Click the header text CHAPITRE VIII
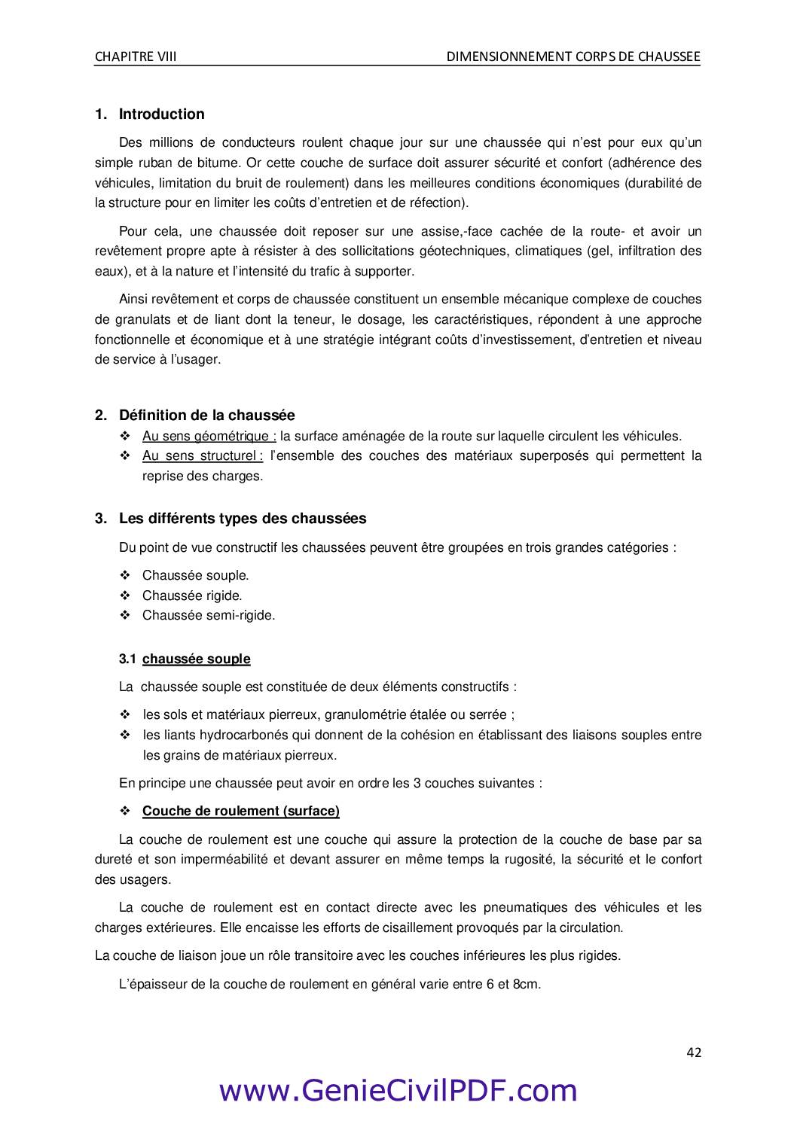pos(136,56)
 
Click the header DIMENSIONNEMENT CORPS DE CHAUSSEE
pos(573,56)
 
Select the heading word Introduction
pos(161,114)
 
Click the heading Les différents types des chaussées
pos(243,519)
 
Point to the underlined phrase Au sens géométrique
pos(209,436)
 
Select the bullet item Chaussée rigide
pos(192,595)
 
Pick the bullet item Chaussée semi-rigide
pos(209,615)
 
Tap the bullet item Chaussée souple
pos(195,575)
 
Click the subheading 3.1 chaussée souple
pos(185,659)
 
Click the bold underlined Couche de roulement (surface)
pos(240,811)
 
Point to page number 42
pos(694,1052)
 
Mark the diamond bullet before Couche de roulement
pos(125,811)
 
